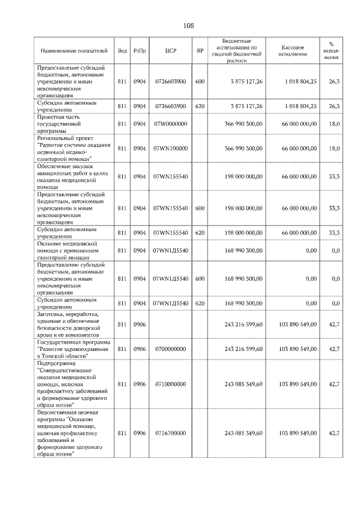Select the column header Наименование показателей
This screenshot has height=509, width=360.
pyautogui.click(x=74, y=51)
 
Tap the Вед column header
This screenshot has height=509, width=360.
pyautogui.click(x=122, y=51)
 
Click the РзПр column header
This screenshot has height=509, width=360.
pyautogui.click(x=140, y=51)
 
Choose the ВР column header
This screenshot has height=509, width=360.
pyautogui.click(x=200, y=51)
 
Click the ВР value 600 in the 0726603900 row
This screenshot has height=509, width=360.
pyautogui.click(x=200, y=82)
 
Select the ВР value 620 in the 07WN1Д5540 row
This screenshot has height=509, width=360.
pyautogui.click(x=200, y=303)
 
